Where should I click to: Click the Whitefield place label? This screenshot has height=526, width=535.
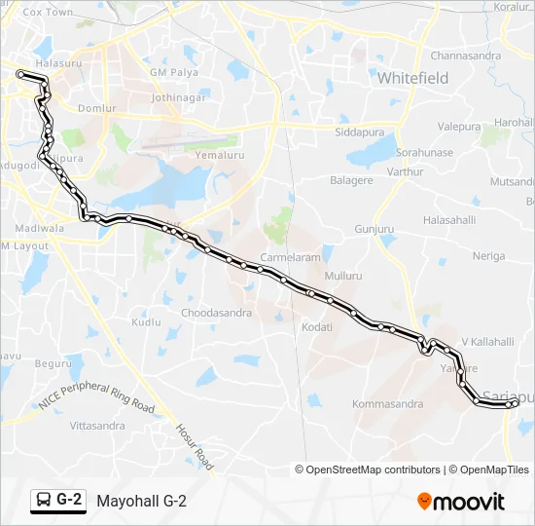click(x=412, y=77)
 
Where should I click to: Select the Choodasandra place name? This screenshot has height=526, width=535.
click(x=216, y=313)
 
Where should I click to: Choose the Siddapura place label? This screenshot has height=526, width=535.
click(x=359, y=131)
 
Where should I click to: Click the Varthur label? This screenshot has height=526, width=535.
click(x=405, y=171)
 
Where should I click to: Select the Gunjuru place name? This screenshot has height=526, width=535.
click(x=374, y=229)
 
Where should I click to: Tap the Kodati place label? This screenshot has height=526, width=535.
click(x=317, y=327)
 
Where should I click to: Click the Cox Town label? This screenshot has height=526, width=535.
click(x=48, y=13)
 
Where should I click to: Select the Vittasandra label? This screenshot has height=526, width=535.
click(x=98, y=426)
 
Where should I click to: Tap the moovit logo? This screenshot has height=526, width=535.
click(x=461, y=502)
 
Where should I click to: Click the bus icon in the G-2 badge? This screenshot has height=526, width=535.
click(x=44, y=501)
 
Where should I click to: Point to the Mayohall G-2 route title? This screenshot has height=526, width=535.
click(x=141, y=501)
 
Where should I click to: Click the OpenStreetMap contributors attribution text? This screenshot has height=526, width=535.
click(x=374, y=470)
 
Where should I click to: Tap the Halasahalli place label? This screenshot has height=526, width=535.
click(x=449, y=220)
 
